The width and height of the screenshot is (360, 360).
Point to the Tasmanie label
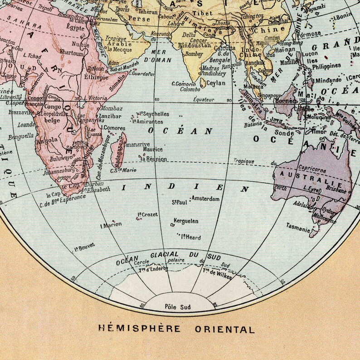coord(297,225)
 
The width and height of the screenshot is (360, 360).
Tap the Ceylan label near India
coord(216,83)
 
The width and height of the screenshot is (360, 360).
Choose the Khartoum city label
coord(71,53)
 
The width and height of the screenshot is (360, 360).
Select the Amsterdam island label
coord(205,199)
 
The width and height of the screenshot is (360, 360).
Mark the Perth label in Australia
coord(279,187)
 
